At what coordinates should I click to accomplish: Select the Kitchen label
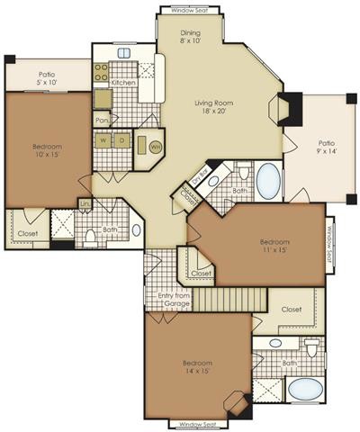(x=123, y=83)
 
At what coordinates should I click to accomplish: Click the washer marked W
(x=105, y=143)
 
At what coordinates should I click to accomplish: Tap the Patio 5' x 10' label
(x=47, y=78)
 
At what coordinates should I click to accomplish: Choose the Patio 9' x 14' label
(x=327, y=148)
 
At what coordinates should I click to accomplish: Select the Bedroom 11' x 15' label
(x=274, y=247)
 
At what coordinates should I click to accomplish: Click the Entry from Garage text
(x=175, y=301)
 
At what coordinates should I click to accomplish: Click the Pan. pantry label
(x=101, y=120)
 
